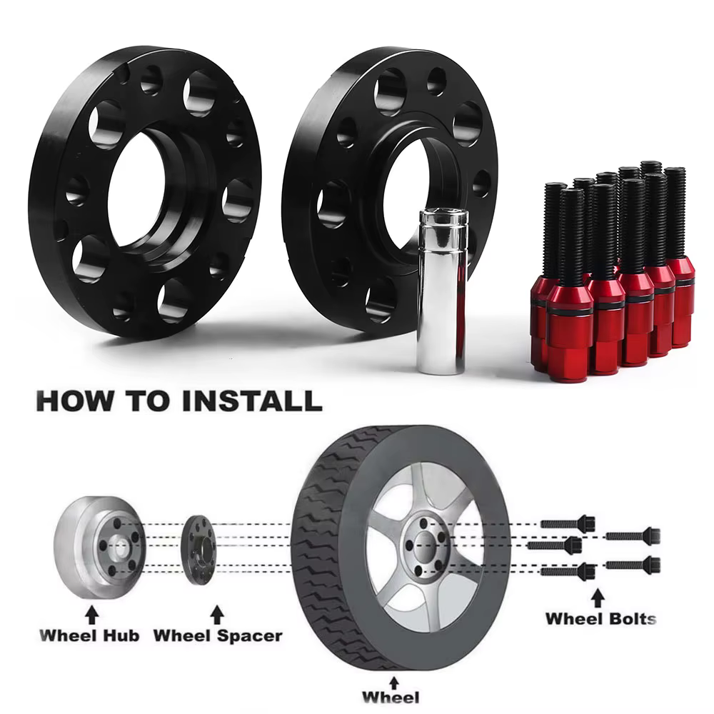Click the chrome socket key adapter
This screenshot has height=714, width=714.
point(443,291)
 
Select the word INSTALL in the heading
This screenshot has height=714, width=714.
point(251,401)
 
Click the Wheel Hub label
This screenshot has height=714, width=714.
point(89,635)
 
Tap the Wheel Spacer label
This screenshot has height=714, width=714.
point(218,635)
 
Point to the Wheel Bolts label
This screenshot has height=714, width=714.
point(601,618)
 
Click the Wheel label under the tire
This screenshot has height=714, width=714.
point(391,697)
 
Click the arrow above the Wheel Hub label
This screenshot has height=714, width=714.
point(92,614)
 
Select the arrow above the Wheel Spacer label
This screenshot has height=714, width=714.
point(218,614)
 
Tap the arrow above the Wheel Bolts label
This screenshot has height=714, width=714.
point(598,598)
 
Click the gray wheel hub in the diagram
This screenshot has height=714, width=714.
point(99,546)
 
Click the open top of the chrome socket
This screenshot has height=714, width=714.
point(443,213)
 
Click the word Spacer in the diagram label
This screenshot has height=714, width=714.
point(249,636)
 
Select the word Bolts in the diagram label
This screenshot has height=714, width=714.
point(630,618)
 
